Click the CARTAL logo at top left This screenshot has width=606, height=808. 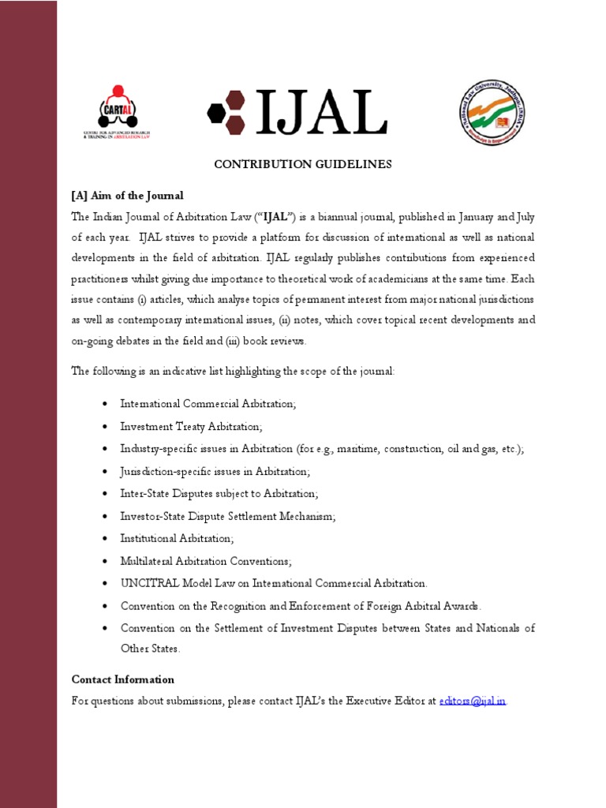tap(117, 112)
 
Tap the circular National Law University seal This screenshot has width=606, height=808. tap(492, 112)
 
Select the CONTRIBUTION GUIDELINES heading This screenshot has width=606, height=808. tap(303, 164)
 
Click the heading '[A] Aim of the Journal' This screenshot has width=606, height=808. tap(127, 196)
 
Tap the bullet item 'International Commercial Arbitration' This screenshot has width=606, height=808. tap(208, 404)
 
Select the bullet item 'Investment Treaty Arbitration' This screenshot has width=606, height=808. tap(190, 426)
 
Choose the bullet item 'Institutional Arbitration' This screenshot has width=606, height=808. tap(178, 538)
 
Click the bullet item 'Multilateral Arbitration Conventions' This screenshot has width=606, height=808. tap(206, 561)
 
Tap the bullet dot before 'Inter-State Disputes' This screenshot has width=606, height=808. tap(105, 494)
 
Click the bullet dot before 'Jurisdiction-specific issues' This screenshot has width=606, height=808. tap(105, 472)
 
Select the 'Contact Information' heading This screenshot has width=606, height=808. tap(123, 679)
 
